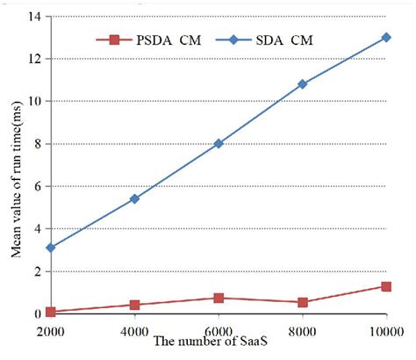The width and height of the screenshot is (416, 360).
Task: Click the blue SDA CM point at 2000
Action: [x=51, y=248]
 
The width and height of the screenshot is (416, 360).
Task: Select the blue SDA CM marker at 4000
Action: [x=134, y=198]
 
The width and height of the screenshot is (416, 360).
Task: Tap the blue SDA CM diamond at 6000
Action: [x=219, y=143]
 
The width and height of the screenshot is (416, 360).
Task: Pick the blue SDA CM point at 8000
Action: [x=303, y=84]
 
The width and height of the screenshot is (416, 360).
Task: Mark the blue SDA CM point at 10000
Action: [x=386, y=38]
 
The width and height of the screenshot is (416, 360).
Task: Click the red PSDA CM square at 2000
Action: [x=51, y=312]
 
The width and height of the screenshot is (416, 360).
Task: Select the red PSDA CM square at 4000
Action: [x=134, y=305]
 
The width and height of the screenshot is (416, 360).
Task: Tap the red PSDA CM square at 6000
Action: [x=219, y=299]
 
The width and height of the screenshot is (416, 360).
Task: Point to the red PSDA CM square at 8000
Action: [x=303, y=302]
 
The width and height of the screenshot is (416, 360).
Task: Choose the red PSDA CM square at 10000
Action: [x=386, y=286]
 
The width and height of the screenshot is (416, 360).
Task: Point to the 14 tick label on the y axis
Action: [x=35, y=17]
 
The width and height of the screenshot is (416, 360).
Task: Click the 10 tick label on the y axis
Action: [x=35, y=101]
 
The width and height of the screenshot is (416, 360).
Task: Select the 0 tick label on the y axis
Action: [x=39, y=314]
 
